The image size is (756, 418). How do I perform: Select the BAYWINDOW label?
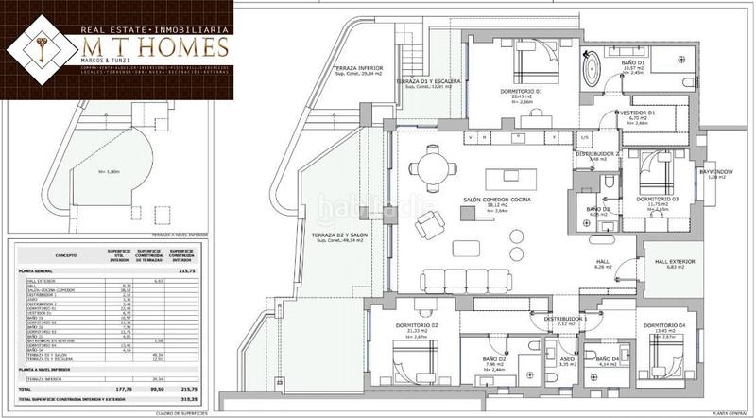tap(715, 172)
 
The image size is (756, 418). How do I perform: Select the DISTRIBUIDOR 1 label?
tap(566, 319)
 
